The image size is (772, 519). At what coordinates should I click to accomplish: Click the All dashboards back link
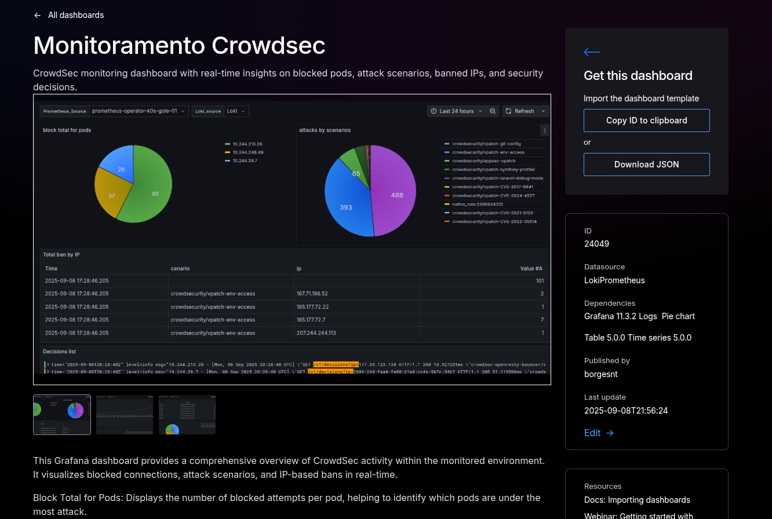[x=69, y=15]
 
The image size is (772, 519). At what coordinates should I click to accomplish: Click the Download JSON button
[x=646, y=165]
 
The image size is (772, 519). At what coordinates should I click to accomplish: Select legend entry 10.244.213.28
[x=247, y=144]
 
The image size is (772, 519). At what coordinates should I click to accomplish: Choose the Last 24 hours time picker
[x=456, y=111]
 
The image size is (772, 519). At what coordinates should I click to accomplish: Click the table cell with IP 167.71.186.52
[x=312, y=294]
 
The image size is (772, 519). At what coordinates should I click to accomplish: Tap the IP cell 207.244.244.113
[x=316, y=333]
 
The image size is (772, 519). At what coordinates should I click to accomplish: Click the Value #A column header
[x=530, y=268]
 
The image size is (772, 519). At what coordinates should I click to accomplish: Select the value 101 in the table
[x=539, y=281]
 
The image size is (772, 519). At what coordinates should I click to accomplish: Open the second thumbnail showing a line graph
[x=125, y=415]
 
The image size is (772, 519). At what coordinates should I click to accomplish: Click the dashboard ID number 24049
[x=596, y=244]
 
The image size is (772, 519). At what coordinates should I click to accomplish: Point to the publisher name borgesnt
[x=600, y=374]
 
